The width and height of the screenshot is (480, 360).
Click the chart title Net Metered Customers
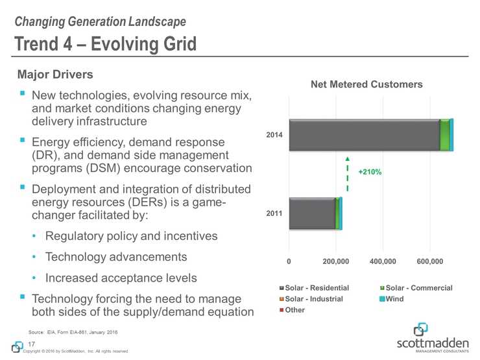(366, 84)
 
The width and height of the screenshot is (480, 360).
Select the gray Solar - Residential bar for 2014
(363, 135)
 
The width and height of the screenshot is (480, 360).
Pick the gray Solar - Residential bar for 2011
(312, 213)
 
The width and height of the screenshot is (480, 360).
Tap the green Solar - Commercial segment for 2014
(444, 135)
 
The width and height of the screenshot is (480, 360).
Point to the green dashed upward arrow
(348, 174)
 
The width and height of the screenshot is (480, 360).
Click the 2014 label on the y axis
(275, 135)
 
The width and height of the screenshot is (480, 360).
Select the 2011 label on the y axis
(275, 213)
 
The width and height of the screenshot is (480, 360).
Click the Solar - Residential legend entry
(314, 287)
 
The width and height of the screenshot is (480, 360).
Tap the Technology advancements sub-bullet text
(116, 257)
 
